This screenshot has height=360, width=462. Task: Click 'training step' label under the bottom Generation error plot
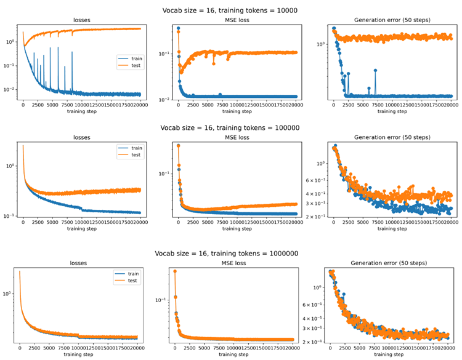[389, 354]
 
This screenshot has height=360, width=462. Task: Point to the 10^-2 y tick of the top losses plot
[10, 90]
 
